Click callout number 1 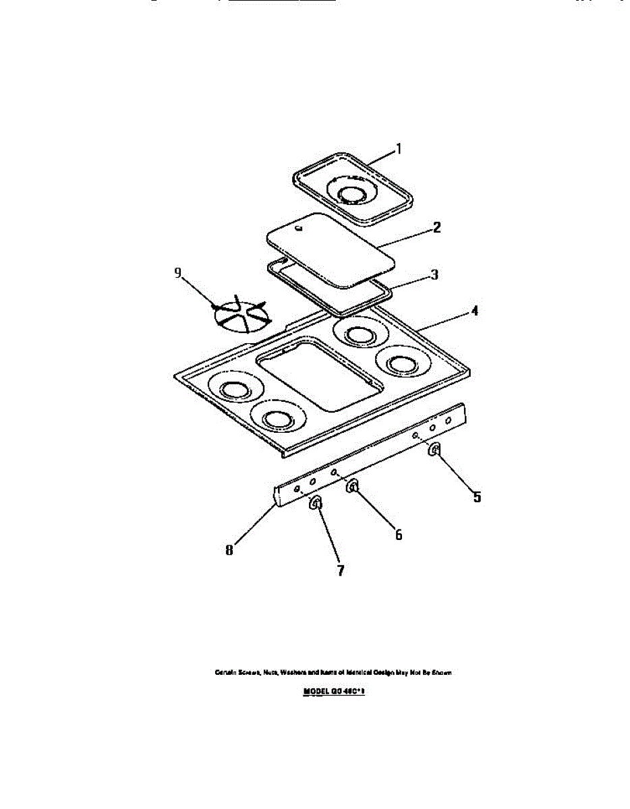tap(398, 149)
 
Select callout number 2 tap(436, 227)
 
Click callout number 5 tap(477, 498)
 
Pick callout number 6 tap(399, 535)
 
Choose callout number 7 tap(341, 570)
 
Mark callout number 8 tap(229, 550)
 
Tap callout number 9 tap(178, 272)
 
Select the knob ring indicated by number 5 tap(436, 450)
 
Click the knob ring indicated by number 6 tap(352, 487)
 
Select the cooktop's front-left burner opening tap(276, 419)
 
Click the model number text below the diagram tap(334, 691)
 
